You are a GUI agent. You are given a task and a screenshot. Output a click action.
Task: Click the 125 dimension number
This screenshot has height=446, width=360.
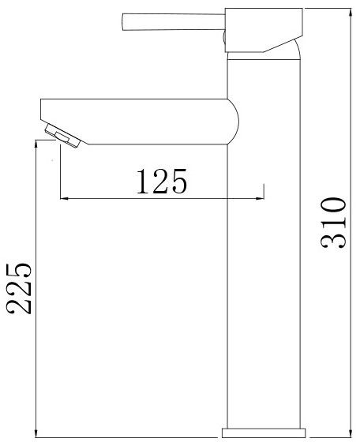coord(162,182)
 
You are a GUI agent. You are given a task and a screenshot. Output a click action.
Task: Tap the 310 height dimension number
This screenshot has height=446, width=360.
coord(333,223)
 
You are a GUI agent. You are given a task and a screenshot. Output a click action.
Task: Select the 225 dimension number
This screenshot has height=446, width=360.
coord(18,288)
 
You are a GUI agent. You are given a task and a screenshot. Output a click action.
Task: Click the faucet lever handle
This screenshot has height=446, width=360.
coord(174,21)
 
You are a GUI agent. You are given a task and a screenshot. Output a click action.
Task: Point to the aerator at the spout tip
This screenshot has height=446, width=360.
coord(62,136)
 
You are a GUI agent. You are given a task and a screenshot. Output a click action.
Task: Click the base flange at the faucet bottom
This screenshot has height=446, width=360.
coord(264,433)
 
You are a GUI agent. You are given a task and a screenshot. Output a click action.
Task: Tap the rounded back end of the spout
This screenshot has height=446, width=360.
coord(234,122)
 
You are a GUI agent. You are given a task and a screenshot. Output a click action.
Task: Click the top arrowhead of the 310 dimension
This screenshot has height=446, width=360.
coord(351,12)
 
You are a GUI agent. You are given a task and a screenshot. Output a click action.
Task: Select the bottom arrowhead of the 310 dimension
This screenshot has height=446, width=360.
coord(351,433)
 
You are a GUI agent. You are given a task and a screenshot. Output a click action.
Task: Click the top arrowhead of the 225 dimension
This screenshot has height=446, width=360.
coord(36,144)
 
